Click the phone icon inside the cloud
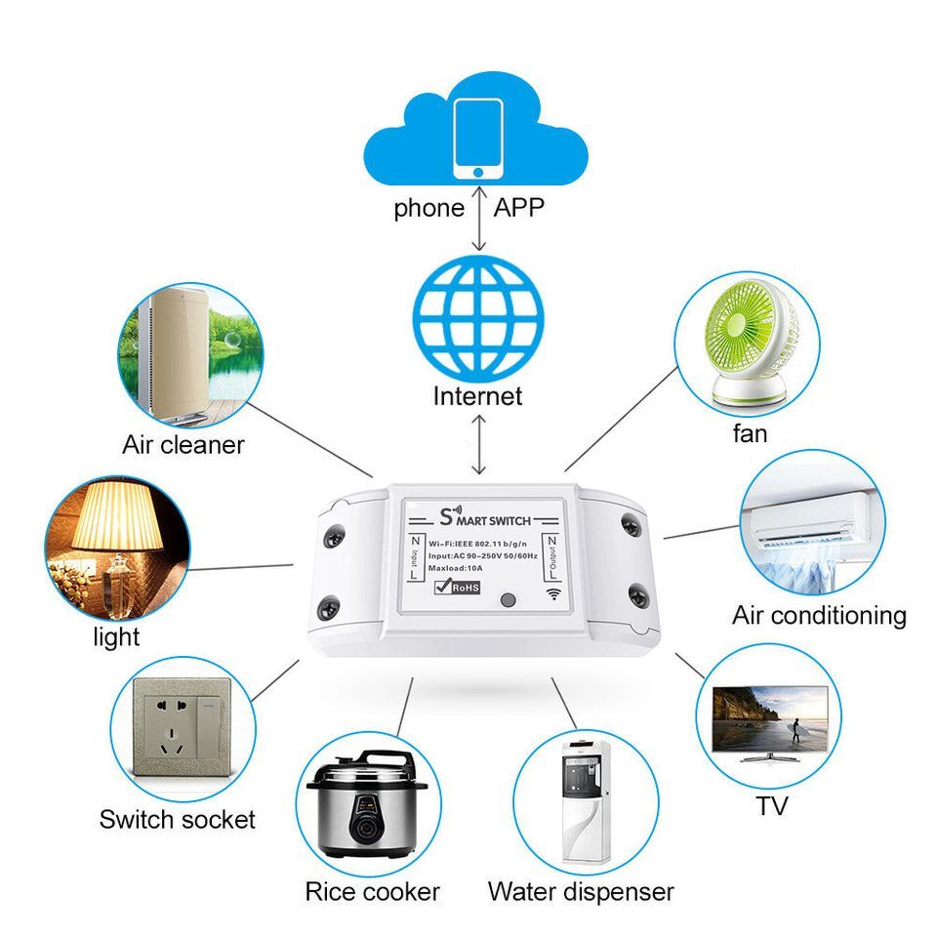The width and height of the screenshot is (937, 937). tap(477, 139)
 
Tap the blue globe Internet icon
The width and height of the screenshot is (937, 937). tap(478, 318)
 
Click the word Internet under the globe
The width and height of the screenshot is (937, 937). tap(477, 396)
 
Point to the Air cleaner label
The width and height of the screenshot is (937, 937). tap(183, 445)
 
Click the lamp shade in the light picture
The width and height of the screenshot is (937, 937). tap(117, 516)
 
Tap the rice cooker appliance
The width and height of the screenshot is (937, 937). tap(367, 803)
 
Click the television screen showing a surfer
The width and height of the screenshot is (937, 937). tap(770, 719)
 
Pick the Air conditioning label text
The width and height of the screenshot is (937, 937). tap(819, 616)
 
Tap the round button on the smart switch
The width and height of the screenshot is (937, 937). tap(509, 599)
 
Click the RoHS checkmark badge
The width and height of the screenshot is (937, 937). tap(457, 587)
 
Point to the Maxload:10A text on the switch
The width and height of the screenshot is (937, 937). tap(456, 568)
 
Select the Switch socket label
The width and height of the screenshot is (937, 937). tap(178, 820)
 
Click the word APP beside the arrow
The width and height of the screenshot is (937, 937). tap(518, 208)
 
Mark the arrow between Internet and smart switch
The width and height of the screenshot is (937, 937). tap(478, 445)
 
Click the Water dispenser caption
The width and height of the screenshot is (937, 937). tap(581, 892)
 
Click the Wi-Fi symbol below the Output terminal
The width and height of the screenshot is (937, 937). tap(554, 593)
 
